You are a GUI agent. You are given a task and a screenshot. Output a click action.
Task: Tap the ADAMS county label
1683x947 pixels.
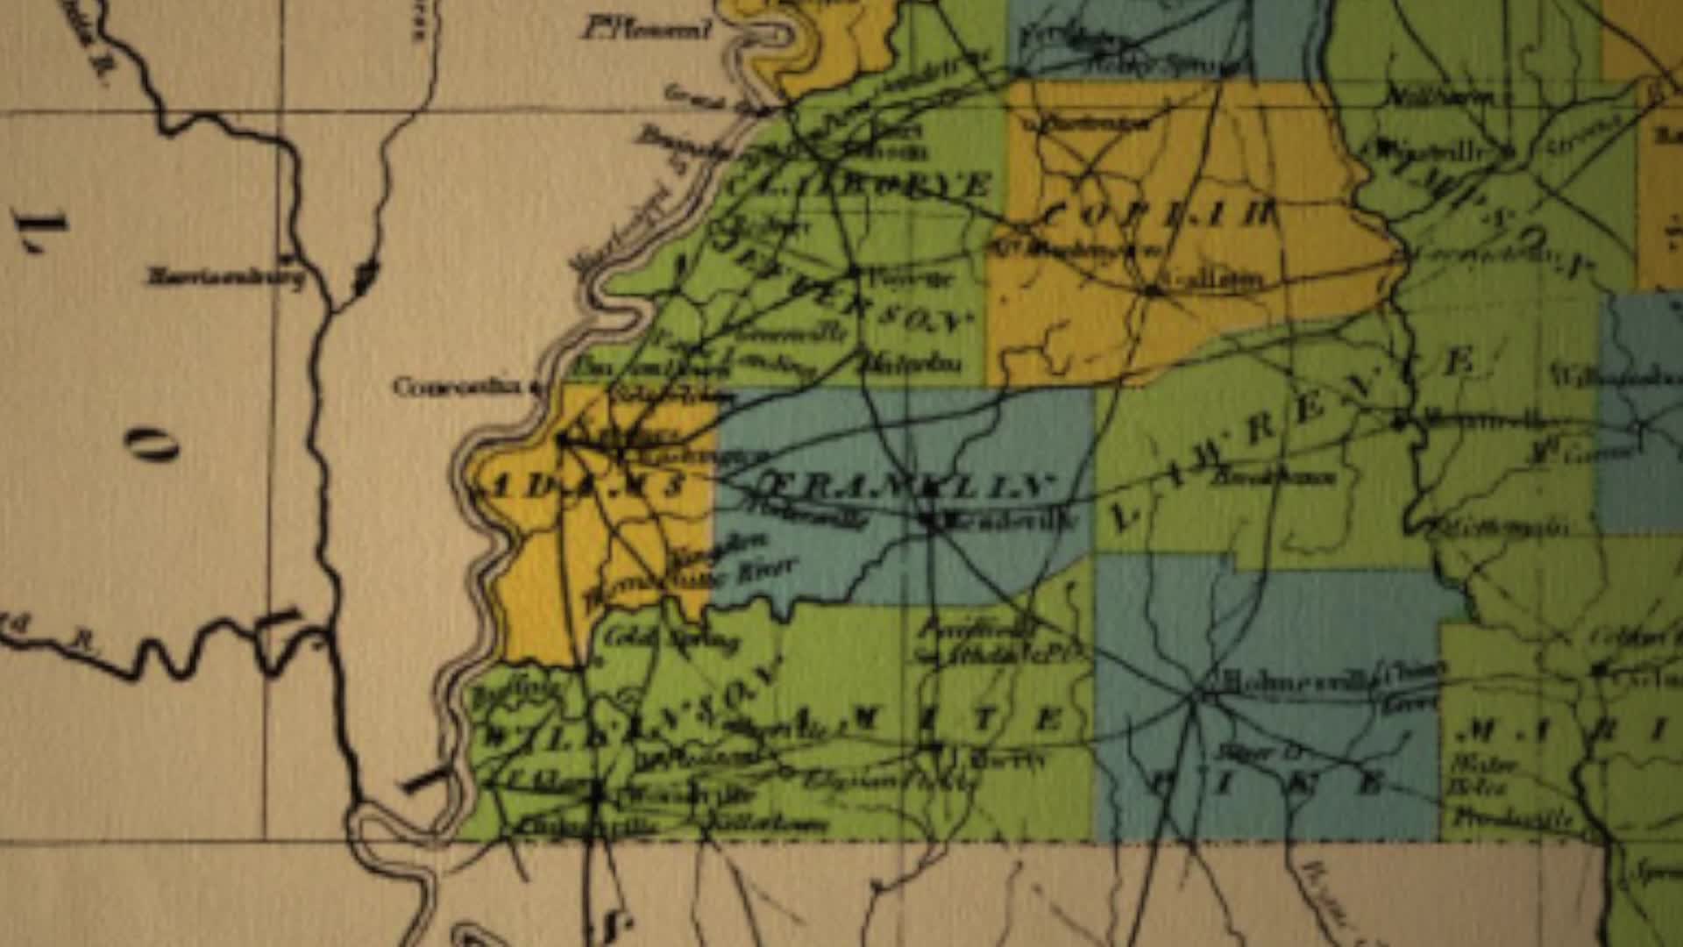(x=579, y=487)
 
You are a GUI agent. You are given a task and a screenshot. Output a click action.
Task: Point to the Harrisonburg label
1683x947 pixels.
(x=226, y=278)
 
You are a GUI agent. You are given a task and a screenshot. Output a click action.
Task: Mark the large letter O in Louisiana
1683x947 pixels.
(x=151, y=445)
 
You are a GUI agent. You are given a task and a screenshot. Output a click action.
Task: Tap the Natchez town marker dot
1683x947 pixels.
(x=561, y=438)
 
